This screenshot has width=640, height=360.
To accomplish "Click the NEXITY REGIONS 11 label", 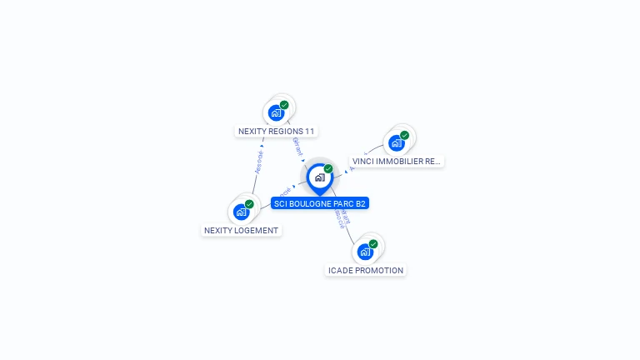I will [277, 131].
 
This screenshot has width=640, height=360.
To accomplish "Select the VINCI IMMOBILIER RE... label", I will [397, 162].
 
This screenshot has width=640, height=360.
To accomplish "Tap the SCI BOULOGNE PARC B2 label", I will [319, 203].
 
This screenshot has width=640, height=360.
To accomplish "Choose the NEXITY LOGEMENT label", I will [242, 230].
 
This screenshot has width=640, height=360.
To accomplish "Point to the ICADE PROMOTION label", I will [366, 270].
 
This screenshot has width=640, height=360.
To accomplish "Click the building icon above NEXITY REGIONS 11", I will [276, 113].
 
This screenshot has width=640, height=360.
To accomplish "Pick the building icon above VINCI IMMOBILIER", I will [397, 143].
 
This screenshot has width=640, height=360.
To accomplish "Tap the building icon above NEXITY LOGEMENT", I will [242, 212].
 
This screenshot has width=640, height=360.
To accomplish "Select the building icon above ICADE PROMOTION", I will [365, 252].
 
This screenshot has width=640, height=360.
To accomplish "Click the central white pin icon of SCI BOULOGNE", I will [318, 177].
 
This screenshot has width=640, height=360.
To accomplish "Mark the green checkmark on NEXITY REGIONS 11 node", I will [284, 105].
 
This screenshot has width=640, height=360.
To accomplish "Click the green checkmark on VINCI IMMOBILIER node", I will [405, 135].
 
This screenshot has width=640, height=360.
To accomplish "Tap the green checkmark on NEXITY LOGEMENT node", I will [249, 204].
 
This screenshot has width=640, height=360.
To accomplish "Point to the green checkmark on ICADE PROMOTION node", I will [373, 244].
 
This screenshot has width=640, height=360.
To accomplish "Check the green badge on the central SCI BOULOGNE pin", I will [328, 168].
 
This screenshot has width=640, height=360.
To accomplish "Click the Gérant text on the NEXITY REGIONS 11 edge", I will [297, 147].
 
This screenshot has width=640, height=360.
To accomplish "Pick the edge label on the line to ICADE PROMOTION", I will [342, 218].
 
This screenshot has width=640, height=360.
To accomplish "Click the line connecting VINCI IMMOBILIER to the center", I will [367, 157].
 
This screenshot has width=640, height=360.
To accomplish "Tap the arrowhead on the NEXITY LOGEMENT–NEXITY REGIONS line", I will [262, 146].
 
